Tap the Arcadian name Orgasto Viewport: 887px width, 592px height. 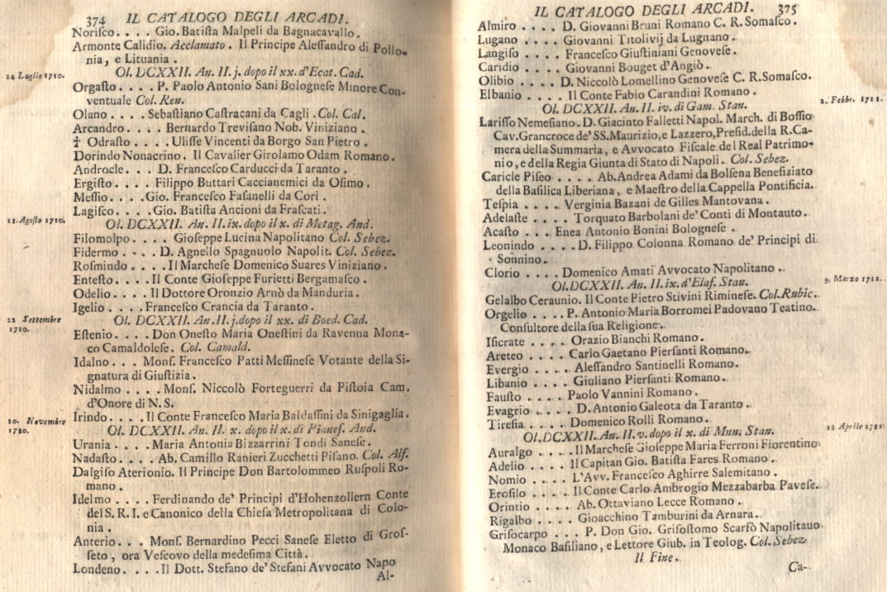[93, 85]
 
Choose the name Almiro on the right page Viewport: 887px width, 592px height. [498, 26]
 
